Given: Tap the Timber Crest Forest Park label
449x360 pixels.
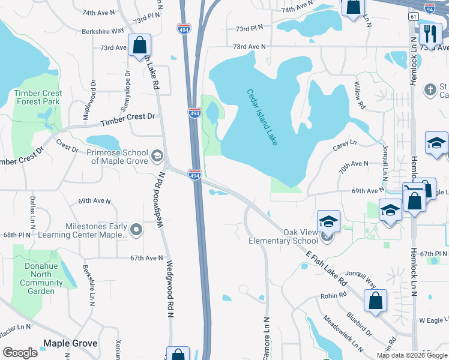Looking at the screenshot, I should pos(38,97).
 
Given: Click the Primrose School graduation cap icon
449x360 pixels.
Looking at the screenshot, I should pos(157,156).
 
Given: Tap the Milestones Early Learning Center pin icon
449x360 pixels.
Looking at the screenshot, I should pos(137,229).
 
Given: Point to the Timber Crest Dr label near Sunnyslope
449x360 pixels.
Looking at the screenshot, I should pos(128,117).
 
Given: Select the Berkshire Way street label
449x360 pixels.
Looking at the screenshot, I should pos(103,30).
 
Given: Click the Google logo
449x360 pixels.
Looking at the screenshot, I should pos(20,353).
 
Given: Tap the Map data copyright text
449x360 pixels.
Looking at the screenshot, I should pos(411,355).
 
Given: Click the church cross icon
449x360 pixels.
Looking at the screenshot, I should pos(429,90).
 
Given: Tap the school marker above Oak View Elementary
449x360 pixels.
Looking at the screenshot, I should pos(328,221).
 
